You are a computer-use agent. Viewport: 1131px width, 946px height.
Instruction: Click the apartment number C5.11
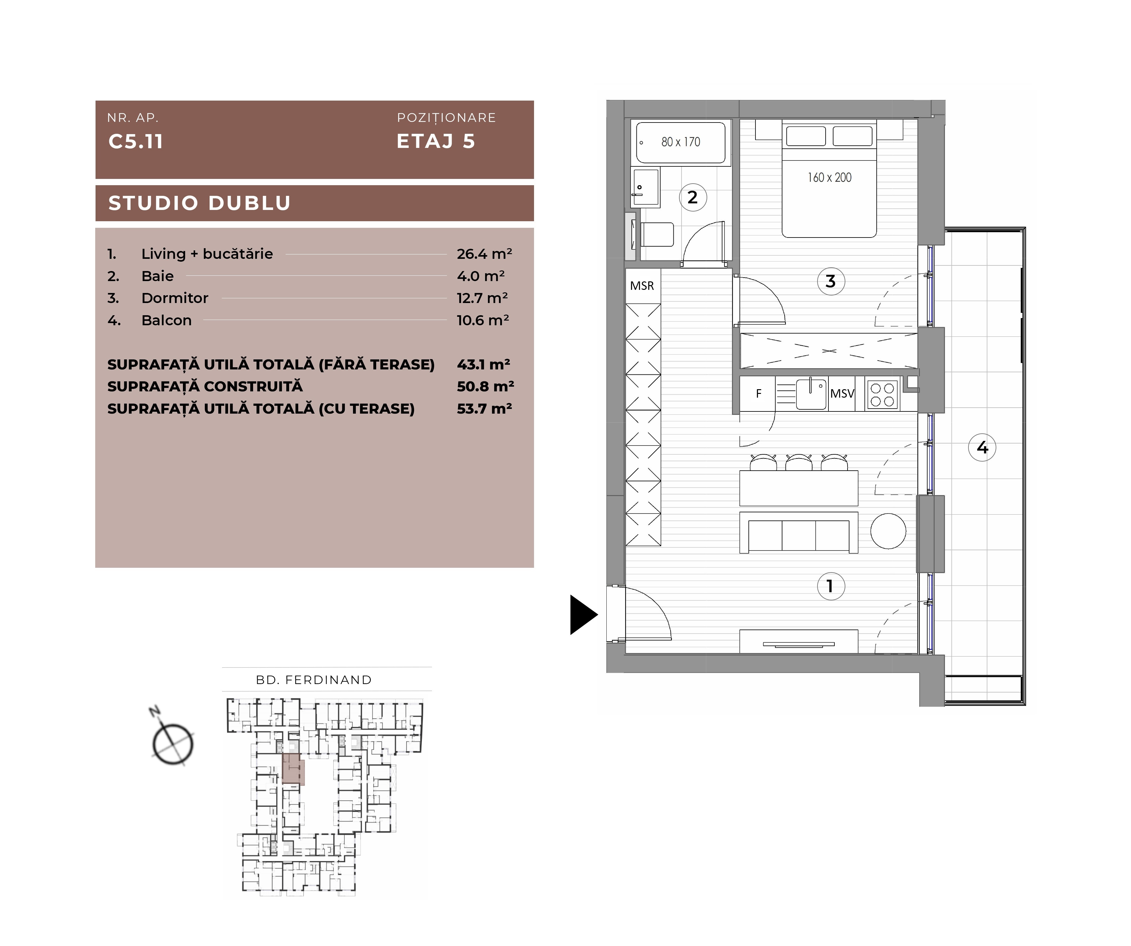136,141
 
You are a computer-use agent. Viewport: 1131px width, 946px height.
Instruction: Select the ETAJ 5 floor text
436,141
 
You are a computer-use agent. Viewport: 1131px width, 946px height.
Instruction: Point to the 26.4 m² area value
484,254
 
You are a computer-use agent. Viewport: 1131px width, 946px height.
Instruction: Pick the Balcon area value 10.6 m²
483,320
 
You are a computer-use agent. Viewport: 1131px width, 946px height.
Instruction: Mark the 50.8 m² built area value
485,386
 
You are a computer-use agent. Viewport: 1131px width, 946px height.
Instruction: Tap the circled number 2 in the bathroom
693,197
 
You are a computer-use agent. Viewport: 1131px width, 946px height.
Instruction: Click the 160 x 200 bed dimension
829,177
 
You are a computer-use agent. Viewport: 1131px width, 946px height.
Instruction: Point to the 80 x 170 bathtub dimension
681,142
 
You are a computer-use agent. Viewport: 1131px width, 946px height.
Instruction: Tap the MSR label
642,285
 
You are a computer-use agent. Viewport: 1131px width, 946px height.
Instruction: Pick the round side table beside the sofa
888,531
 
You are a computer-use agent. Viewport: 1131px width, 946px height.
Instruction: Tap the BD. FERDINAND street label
314,680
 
